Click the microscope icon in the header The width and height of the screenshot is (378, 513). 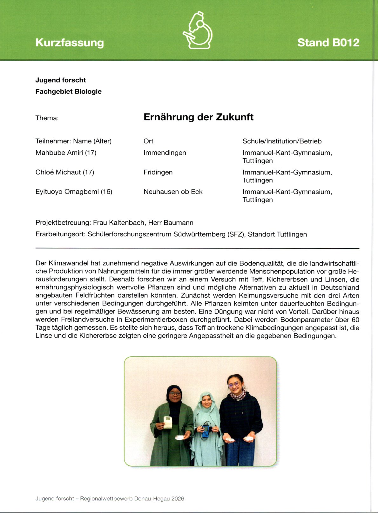(198, 30)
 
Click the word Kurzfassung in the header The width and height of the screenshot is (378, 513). (70, 43)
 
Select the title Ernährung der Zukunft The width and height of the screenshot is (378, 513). (199, 117)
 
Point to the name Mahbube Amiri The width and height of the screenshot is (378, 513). (59, 153)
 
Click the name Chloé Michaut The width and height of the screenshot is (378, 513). (58, 172)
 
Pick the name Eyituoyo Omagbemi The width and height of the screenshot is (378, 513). (67, 192)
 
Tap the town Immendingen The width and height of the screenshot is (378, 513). (165, 153)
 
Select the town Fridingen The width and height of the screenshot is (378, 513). (158, 172)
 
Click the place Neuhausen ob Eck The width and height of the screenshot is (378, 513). (173, 192)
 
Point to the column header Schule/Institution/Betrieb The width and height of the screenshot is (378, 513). (282, 141)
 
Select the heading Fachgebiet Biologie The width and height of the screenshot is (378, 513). (68, 91)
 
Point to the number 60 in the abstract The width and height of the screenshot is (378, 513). (355, 319)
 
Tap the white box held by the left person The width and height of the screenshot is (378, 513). (167, 423)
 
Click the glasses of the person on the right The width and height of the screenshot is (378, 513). (234, 385)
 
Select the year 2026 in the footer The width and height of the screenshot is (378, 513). (178, 498)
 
